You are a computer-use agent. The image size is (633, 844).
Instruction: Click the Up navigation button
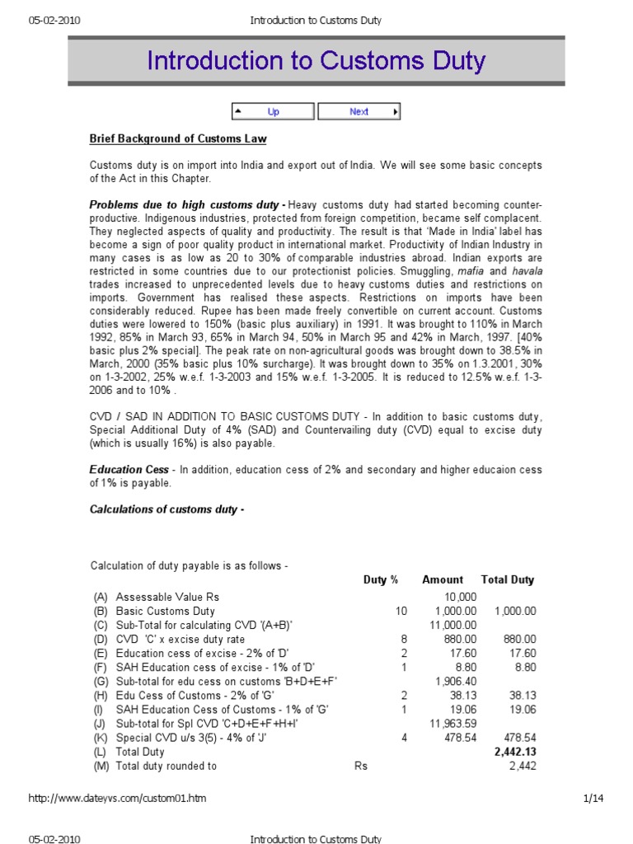point(272,112)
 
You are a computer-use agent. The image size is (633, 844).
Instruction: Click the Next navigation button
point(359,112)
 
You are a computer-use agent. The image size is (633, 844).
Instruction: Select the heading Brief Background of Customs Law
point(177,138)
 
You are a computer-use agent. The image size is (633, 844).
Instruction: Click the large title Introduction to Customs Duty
point(316,61)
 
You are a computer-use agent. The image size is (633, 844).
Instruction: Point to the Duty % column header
point(381,579)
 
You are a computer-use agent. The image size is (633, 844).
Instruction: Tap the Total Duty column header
point(507,579)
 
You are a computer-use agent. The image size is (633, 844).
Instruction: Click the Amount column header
point(443,579)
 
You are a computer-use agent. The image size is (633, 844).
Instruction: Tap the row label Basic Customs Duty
point(165,611)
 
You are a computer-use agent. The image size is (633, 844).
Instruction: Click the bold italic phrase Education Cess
point(128,470)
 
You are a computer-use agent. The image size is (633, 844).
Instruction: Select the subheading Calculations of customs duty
point(166,509)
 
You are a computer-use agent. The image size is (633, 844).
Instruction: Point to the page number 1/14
point(593,798)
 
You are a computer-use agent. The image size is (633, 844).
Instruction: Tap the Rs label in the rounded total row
point(360,766)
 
